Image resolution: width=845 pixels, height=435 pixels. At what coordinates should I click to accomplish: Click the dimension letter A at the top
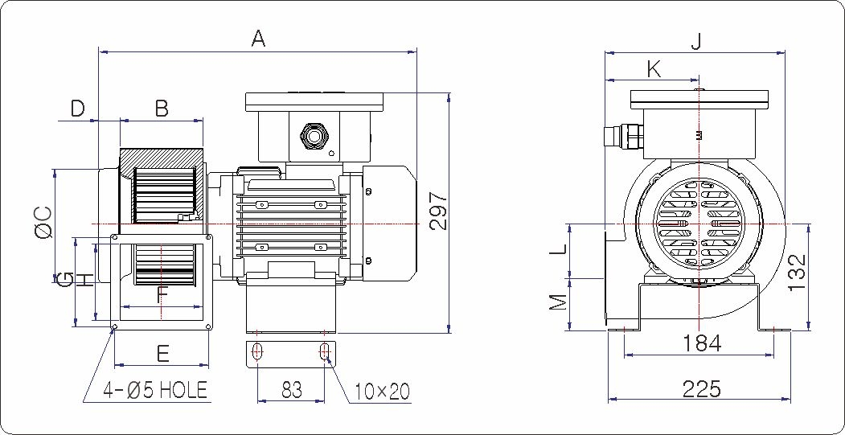[x=258, y=38]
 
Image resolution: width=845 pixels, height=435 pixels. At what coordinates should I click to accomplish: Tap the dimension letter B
[x=162, y=109]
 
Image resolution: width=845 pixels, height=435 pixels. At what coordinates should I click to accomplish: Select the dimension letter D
[x=77, y=109]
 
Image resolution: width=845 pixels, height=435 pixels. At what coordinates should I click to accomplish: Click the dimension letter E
[x=162, y=354]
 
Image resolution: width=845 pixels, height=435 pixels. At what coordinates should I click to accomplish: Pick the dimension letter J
[x=696, y=41]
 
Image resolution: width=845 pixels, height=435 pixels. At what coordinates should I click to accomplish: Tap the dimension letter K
[x=654, y=69]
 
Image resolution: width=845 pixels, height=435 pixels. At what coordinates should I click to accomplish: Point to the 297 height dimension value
[x=437, y=211]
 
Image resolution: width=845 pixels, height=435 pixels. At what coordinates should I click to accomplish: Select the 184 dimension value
[x=702, y=343]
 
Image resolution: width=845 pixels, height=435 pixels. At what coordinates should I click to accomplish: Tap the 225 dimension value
[x=701, y=389]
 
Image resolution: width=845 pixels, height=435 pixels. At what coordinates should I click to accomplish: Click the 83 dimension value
[x=292, y=390]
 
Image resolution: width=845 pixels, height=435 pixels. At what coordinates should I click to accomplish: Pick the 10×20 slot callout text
[x=382, y=392]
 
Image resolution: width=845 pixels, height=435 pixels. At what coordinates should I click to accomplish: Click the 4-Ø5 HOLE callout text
[x=155, y=391]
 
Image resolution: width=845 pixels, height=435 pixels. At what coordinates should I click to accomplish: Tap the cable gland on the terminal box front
[x=311, y=134]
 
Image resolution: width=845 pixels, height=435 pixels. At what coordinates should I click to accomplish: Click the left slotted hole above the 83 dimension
[x=258, y=351]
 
